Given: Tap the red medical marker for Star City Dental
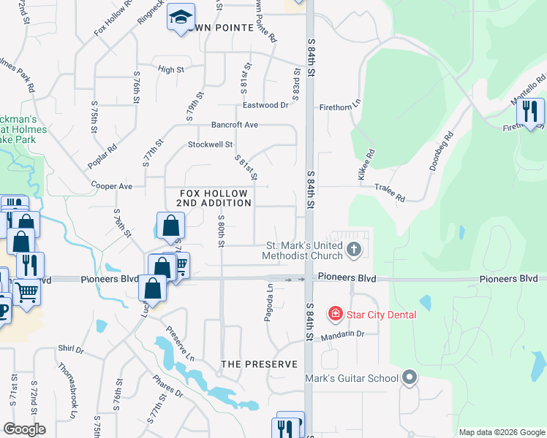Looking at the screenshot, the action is [x=336, y=315].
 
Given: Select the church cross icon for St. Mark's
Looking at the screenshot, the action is [x=354, y=250].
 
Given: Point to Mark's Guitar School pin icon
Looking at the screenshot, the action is [x=410, y=378].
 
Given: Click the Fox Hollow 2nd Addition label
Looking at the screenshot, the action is [x=216, y=197].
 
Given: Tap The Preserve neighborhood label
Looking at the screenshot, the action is [x=260, y=364].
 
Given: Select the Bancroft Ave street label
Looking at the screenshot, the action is [x=235, y=125].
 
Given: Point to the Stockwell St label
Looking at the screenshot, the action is [x=210, y=145].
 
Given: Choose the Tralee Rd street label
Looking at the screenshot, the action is [x=390, y=192].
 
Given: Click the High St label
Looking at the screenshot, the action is [x=170, y=69].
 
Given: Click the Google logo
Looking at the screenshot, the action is [x=24, y=429].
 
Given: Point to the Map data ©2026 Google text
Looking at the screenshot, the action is [x=501, y=431].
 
